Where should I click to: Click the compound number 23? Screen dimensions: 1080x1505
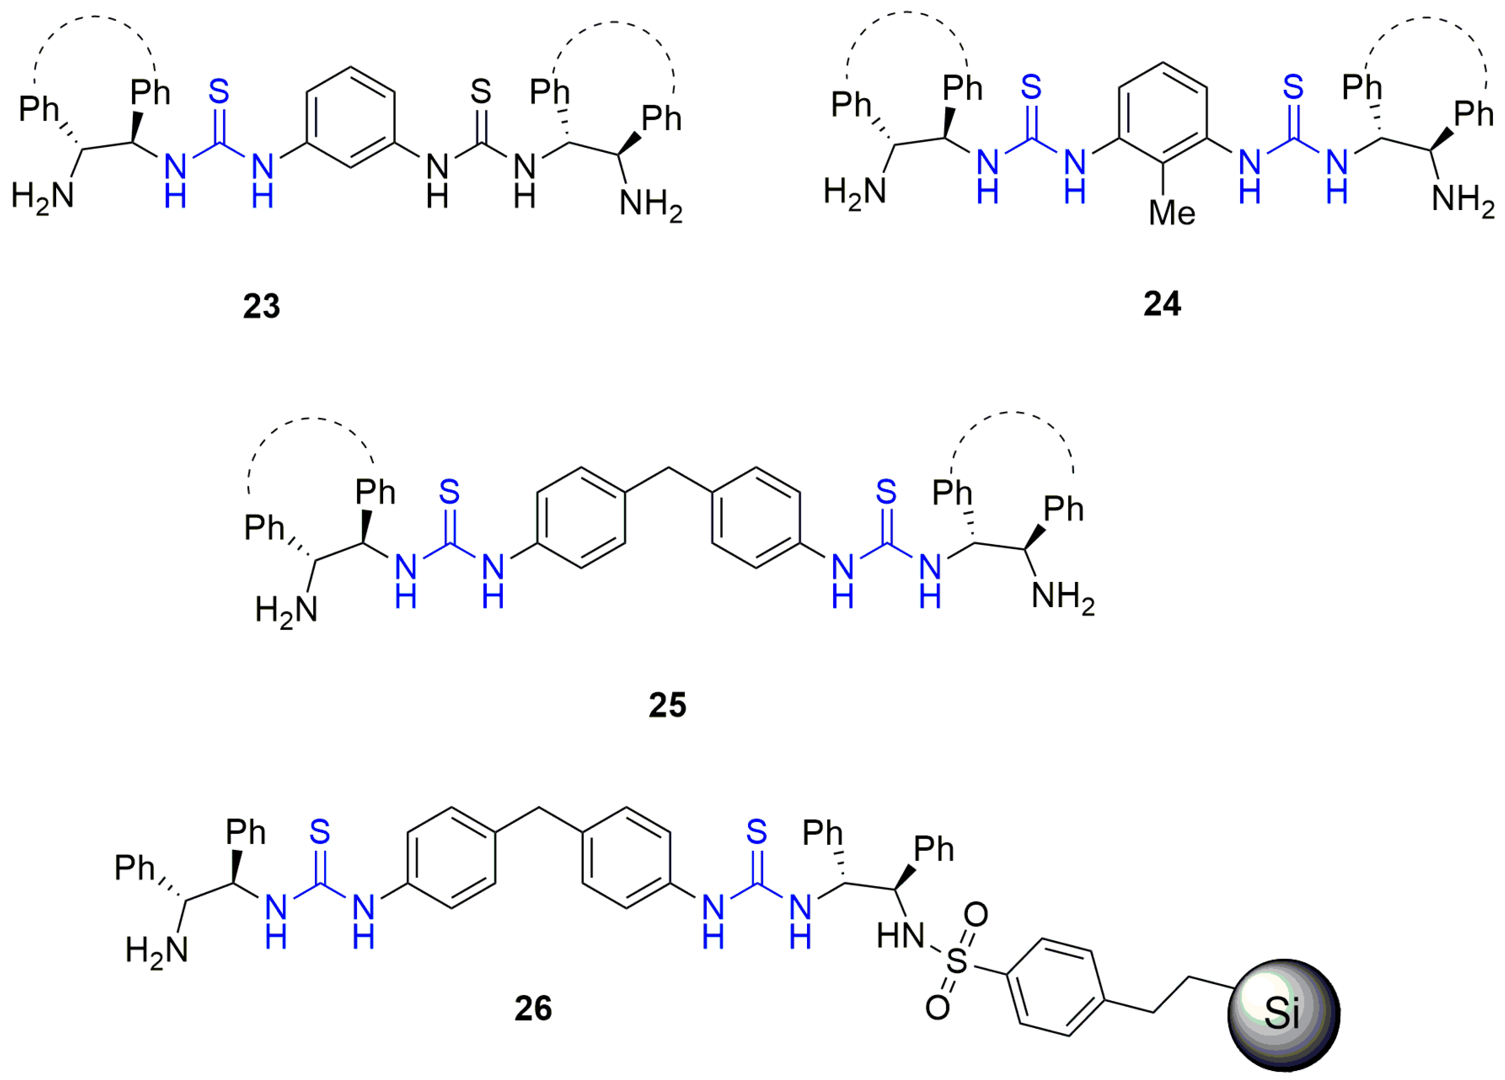click(262, 306)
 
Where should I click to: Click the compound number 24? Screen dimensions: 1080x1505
click(1162, 304)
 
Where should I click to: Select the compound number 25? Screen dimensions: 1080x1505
click(667, 704)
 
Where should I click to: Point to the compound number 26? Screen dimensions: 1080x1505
click(533, 1008)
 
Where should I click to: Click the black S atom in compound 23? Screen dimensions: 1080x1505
click(481, 92)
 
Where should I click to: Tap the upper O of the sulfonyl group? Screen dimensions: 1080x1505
click(975, 915)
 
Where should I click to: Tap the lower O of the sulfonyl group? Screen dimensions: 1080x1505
click(937, 1007)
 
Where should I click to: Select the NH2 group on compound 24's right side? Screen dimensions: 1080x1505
click(1462, 199)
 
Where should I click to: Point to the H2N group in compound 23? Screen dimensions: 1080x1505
click(43, 196)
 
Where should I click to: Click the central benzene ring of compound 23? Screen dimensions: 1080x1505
click(350, 117)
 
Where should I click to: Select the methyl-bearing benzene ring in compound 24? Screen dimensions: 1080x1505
click(1162, 113)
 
